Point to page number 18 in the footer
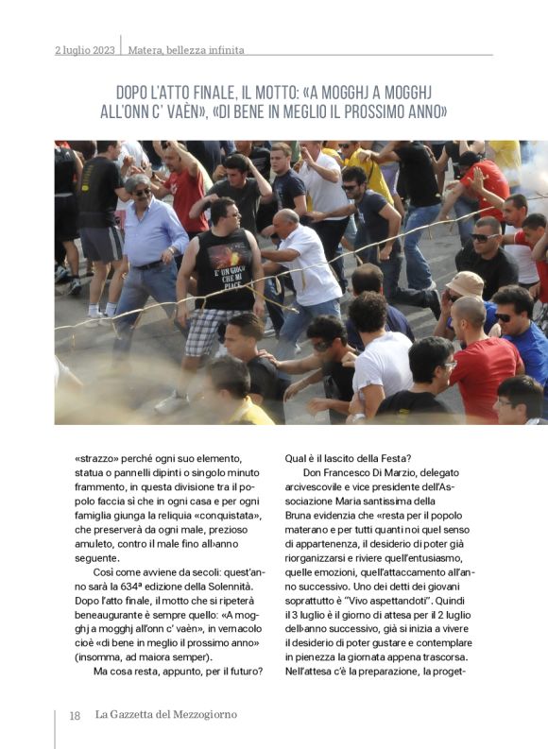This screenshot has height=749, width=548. [x=74, y=715]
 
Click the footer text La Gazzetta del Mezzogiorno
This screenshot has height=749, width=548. [x=167, y=715]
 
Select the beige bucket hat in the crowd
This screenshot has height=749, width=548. [x=465, y=283]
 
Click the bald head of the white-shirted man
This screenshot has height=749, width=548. [x=286, y=219]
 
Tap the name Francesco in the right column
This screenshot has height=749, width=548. [x=358, y=473]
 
